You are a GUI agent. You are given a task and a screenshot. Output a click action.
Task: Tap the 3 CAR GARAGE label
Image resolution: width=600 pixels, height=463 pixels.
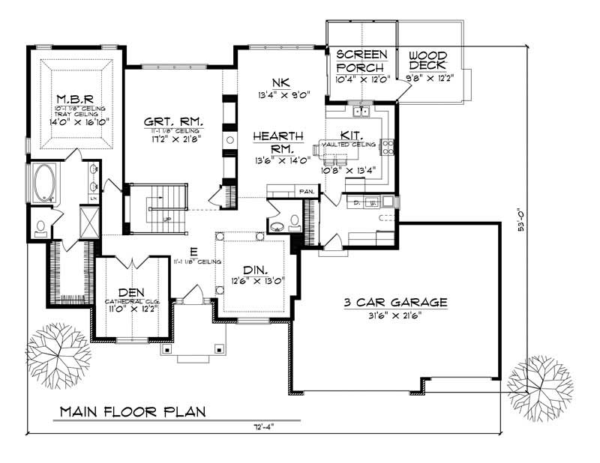395,303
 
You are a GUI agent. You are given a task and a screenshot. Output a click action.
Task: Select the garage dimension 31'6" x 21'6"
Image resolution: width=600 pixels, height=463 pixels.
395,315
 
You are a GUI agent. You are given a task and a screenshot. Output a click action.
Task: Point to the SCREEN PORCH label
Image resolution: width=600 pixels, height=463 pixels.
361,61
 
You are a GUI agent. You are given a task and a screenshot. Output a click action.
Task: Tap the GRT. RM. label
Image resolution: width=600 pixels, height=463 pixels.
174,122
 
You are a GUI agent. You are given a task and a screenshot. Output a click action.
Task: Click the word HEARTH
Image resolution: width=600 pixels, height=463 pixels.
277,136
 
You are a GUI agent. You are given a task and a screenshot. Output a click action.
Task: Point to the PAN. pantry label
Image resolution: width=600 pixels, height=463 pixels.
306,192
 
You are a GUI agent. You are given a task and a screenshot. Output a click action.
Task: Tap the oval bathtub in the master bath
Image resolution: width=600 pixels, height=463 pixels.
44,184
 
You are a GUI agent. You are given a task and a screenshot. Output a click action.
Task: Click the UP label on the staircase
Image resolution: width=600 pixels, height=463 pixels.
168,219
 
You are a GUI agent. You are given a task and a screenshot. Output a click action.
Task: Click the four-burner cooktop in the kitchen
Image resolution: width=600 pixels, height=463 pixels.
387,146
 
